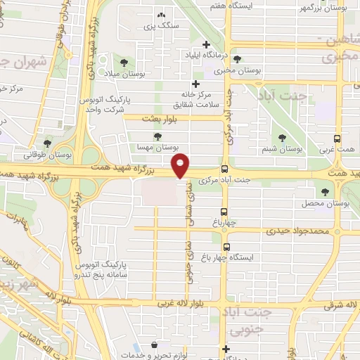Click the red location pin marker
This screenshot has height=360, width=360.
click(x=181, y=166)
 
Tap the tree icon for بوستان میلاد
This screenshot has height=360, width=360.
click(x=124, y=62)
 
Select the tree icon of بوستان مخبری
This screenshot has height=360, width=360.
click(x=238, y=60)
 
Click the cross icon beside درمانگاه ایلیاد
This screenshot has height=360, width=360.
click(x=205, y=44)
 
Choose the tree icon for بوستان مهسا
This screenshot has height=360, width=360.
click(x=157, y=136)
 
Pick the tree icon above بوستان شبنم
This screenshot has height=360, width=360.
click(x=283, y=138)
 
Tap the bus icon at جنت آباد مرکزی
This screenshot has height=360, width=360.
click(x=224, y=169)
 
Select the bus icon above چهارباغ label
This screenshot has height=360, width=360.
click(x=224, y=211)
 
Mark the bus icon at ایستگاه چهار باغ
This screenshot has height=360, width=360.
click(x=226, y=247)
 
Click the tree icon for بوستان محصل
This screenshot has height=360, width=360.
click(x=325, y=191)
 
